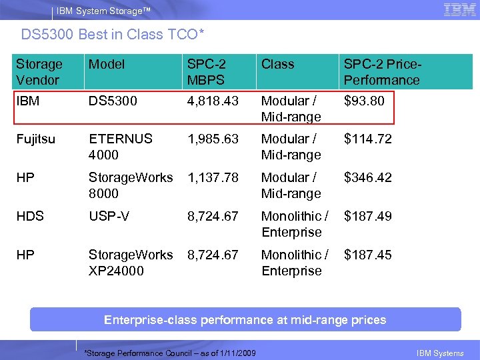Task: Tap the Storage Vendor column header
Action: point(39,72)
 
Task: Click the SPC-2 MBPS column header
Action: point(207,72)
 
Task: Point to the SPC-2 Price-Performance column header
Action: point(381,72)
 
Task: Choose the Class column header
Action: point(277,64)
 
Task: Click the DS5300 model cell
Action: point(113,101)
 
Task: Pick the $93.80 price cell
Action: point(364,101)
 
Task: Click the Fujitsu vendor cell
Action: point(37,139)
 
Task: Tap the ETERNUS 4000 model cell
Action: point(120,147)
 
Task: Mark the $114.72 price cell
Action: point(367,139)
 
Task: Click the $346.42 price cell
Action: point(367,178)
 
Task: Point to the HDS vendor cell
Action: point(30,217)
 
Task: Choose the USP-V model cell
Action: point(109,217)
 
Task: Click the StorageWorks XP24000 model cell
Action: point(130,263)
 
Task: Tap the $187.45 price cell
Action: point(367,255)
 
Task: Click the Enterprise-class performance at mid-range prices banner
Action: point(245,320)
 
